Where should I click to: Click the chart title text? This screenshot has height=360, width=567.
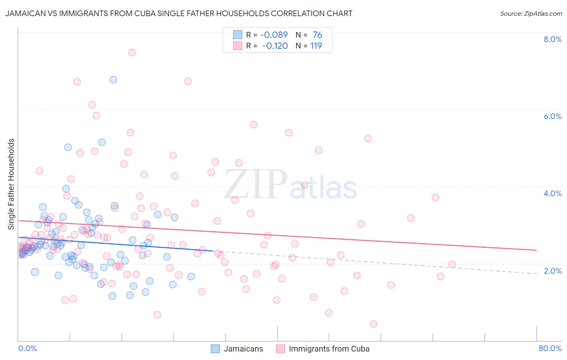click(179, 13)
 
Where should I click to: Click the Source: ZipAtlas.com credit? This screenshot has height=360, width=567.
click(531, 13)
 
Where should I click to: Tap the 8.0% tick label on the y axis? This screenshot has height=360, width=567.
click(552, 39)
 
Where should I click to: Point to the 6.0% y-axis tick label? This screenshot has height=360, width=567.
click(552, 116)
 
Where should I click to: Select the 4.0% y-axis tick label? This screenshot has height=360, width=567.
click(552, 193)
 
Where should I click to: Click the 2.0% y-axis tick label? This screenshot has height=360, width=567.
click(552, 271)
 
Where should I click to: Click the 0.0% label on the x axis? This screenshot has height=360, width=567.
click(27, 348)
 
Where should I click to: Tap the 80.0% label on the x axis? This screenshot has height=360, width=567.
click(550, 348)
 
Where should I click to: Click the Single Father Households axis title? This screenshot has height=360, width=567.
click(11, 184)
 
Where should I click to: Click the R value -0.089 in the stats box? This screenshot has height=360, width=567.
click(274, 35)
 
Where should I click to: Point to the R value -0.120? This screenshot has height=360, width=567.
click(275, 46)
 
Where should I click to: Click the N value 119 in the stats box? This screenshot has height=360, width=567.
click(316, 46)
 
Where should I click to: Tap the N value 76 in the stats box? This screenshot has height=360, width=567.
click(317, 35)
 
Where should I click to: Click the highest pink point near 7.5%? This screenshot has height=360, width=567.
click(132, 52)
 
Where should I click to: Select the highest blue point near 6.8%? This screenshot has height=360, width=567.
click(113, 80)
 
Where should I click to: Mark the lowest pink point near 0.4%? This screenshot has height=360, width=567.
click(373, 324)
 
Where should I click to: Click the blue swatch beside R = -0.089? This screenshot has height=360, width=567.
click(238, 35)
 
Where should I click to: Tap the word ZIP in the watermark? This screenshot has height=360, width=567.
click(256, 184)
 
